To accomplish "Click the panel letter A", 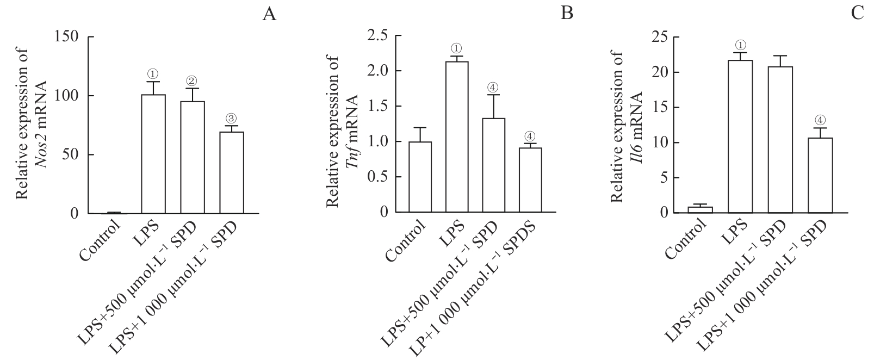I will click(x=269, y=14).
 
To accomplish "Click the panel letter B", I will click(x=567, y=14).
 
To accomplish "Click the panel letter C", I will click(x=858, y=14).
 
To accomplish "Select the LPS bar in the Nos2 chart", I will click(x=153, y=154).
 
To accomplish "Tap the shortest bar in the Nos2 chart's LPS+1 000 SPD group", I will click(x=232, y=172).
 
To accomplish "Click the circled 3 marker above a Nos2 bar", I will click(x=231, y=119).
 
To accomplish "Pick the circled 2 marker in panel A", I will click(x=192, y=81).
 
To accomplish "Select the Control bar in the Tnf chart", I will click(x=420, y=177).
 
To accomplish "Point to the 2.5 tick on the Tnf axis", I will click(x=377, y=36).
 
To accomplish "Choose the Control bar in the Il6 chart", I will click(x=700, y=209).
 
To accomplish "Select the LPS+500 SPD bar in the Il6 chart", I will click(x=780, y=139).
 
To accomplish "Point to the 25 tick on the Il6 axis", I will click(x=659, y=37).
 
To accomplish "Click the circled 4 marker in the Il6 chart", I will click(x=820, y=120).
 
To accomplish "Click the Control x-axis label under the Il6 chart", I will click(x=686, y=240).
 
